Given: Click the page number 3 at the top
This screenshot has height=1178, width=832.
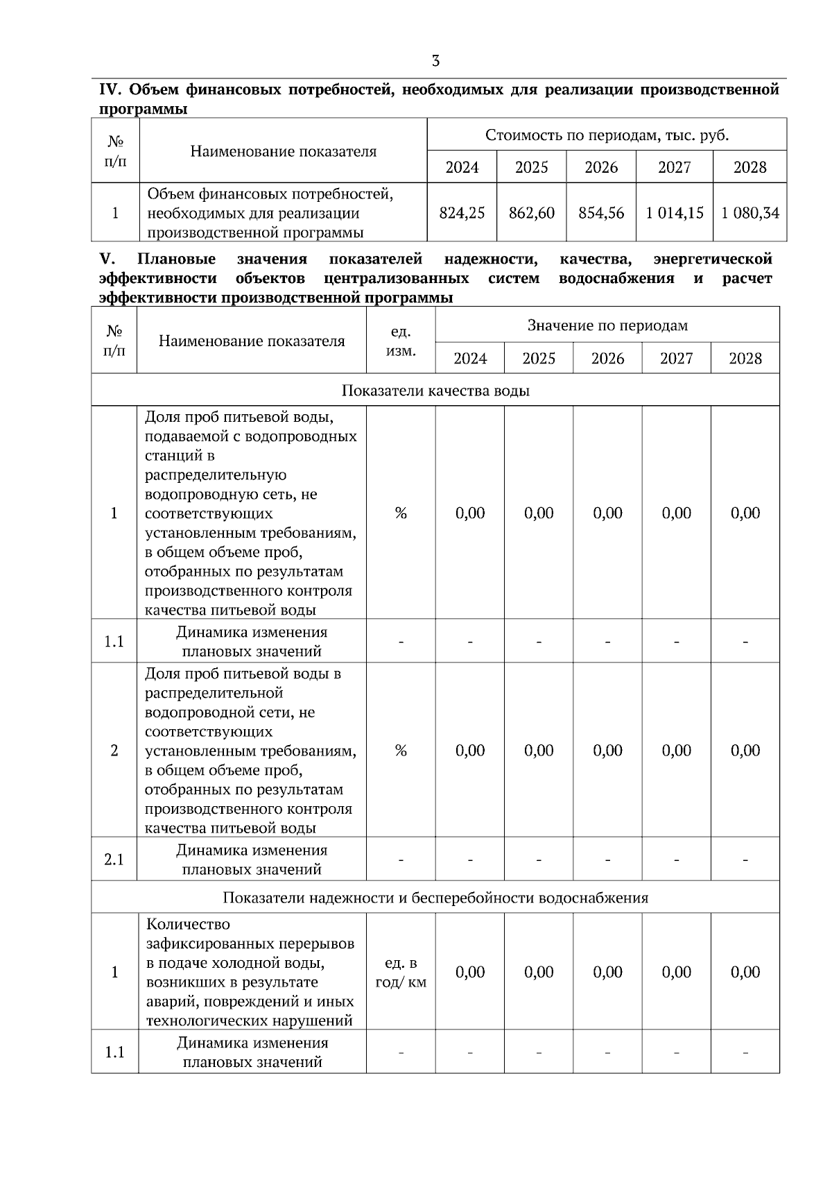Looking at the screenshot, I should coord(435,61).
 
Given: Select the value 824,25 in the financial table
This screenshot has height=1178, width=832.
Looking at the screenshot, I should coord(462,213).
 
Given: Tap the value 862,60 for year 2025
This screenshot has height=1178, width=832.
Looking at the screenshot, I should coord(531,213).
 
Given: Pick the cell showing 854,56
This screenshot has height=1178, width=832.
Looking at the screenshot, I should coord(601,213).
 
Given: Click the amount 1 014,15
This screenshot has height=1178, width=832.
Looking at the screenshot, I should coord(674,213).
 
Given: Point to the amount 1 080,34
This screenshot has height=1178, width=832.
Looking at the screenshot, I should coord(749,213).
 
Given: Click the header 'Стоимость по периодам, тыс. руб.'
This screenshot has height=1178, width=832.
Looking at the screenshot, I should coord(607,135).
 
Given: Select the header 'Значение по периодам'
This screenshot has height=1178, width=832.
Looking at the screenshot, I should coord(607,325).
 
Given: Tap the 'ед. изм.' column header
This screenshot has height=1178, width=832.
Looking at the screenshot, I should coord(401,341).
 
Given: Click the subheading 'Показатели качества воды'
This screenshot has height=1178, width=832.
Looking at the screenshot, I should coord(435,391).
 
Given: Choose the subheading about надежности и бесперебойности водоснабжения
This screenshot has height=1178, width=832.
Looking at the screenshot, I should coord(435,898).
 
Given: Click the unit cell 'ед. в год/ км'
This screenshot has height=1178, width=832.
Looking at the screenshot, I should coord(401,973).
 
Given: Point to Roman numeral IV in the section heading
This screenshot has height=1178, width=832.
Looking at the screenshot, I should coord(110,90).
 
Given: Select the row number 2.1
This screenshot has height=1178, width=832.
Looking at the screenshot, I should coord(114,860).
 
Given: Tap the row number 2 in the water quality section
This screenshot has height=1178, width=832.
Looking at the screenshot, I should coord(114,751).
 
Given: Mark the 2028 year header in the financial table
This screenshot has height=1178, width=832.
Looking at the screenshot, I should coord(749,167).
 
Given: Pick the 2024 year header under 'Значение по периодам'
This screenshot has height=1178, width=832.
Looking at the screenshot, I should coord(470,359).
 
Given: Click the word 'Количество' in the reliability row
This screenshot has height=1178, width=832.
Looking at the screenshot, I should coord(188,925).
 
